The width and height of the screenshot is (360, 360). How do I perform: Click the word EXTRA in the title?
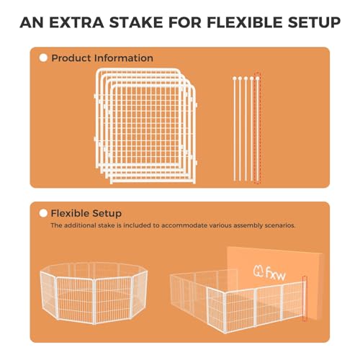click(x=76, y=22)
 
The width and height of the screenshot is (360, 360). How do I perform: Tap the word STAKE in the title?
click(x=136, y=22)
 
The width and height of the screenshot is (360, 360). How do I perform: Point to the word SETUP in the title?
click(x=314, y=22)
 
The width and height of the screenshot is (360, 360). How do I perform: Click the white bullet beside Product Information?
click(x=43, y=58)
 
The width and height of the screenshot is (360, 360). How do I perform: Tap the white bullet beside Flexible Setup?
click(x=43, y=213)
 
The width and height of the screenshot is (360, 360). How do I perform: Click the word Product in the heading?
click(x=71, y=58)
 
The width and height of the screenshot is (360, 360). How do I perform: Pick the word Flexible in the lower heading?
click(x=70, y=213)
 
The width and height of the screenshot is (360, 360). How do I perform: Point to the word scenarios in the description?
click(x=280, y=225)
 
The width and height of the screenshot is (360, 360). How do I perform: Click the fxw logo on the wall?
click(x=269, y=273)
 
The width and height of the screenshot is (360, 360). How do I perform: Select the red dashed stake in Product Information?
click(x=258, y=128)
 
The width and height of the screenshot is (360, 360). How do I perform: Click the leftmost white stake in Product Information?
click(x=235, y=129)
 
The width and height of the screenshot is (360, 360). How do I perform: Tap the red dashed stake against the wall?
click(x=305, y=299)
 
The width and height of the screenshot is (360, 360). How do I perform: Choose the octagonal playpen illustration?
click(x=94, y=293)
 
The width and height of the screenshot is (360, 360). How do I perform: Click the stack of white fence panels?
click(x=145, y=126)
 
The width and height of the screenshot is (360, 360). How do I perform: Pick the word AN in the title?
click(x=32, y=22)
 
